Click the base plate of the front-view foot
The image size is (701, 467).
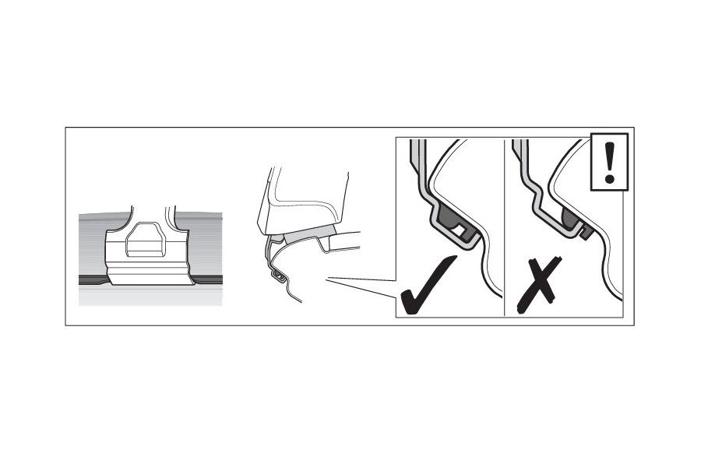(x=150, y=274)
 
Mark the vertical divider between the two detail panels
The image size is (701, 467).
(x=505, y=226)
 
